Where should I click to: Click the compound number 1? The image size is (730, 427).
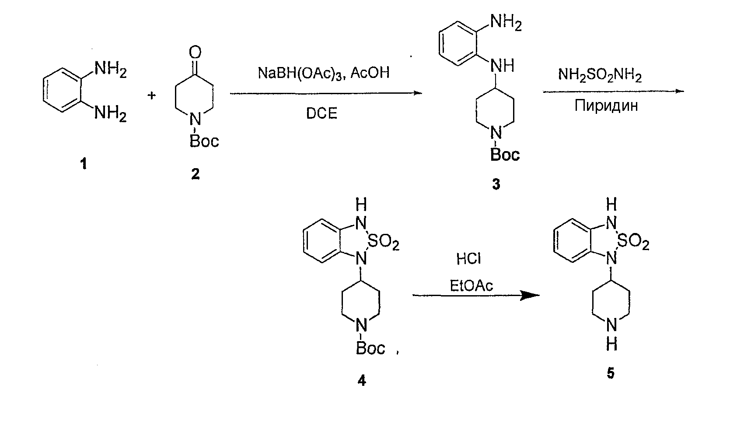(x=84, y=163)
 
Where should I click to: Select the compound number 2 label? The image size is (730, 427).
(x=195, y=174)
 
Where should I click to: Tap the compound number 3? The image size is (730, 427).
(x=496, y=184)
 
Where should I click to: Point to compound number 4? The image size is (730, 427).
(x=362, y=380)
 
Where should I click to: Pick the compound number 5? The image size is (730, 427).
(x=611, y=373)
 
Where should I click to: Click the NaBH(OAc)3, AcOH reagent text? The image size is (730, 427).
(x=324, y=73)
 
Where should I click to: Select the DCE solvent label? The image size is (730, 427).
(x=321, y=113)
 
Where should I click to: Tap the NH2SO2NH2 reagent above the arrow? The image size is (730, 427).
(x=600, y=75)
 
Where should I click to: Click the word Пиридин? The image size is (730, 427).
(x=606, y=106)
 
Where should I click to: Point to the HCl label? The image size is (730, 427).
(x=468, y=259)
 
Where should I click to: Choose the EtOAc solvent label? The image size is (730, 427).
(x=471, y=286)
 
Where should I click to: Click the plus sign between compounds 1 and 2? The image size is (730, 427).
(x=151, y=95)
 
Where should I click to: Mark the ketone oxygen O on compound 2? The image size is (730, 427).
(x=195, y=52)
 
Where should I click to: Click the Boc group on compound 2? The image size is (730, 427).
(x=204, y=141)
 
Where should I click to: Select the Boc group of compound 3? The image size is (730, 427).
(x=505, y=155)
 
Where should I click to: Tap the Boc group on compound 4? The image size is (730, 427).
(x=370, y=348)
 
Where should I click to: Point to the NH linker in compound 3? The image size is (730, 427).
(x=502, y=66)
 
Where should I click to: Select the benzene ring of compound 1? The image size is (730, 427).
(x=62, y=90)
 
